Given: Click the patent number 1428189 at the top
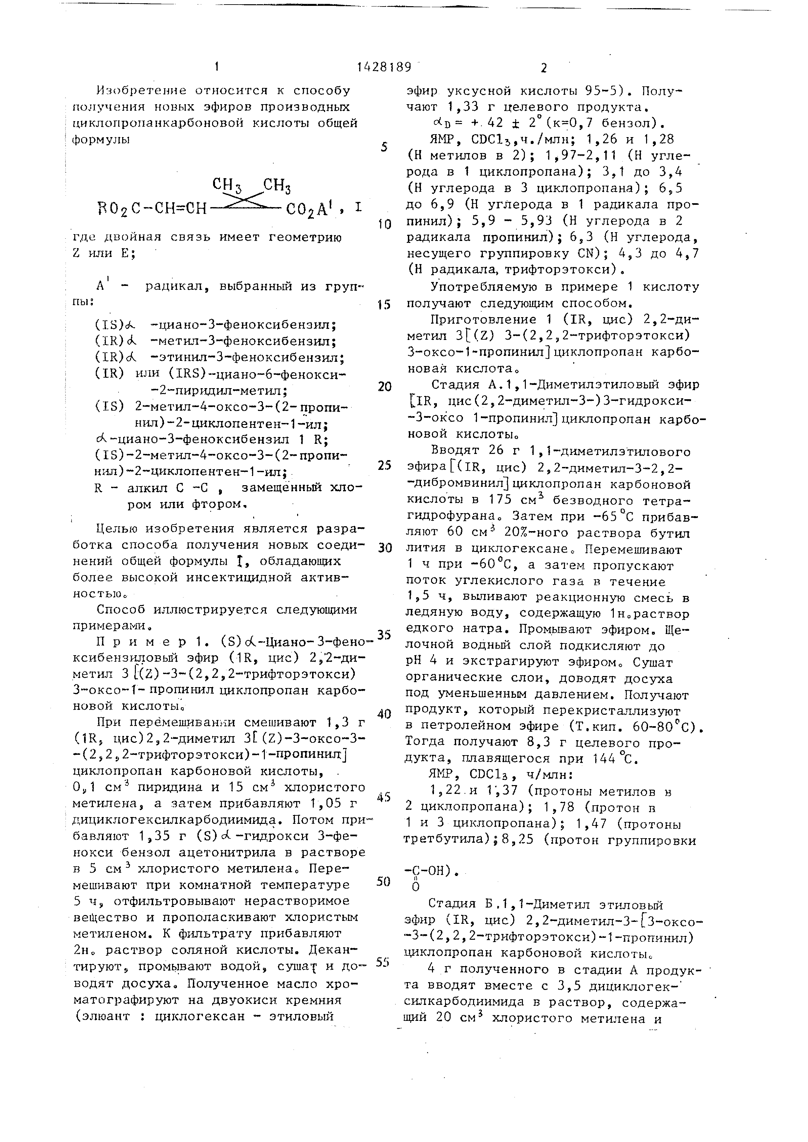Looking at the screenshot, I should click(x=384, y=67).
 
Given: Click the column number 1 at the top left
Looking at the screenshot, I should click(x=217, y=67).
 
